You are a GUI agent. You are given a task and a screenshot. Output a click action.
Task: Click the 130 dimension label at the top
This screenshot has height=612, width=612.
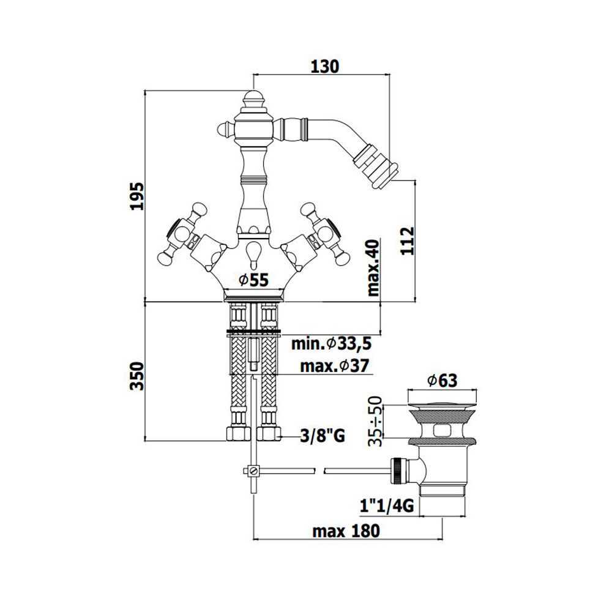pyautogui.click(x=325, y=67)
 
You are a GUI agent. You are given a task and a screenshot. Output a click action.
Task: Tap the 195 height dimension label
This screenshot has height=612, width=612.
pyautogui.click(x=137, y=196)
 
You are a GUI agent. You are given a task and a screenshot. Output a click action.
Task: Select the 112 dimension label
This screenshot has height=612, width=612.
pyautogui.click(x=408, y=241)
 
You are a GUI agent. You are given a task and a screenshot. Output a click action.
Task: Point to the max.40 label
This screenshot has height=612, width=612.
pyautogui.click(x=373, y=267)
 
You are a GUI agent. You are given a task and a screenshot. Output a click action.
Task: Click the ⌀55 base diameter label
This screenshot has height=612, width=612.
pyautogui.click(x=254, y=280)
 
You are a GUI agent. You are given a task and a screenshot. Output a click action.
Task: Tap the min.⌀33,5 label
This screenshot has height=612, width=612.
pyautogui.click(x=331, y=344)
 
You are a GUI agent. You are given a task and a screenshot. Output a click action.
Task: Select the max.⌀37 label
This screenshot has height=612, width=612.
pyautogui.click(x=335, y=366)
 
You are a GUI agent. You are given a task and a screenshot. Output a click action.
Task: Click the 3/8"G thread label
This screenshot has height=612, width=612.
pyautogui.click(x=323, y=435)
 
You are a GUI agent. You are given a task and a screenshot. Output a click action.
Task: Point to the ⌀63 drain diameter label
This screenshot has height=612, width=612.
pyautogui.click(x=442, y=381)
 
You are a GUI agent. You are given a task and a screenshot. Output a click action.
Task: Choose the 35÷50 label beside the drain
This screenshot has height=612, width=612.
pyautogui.click(x=375, y=421)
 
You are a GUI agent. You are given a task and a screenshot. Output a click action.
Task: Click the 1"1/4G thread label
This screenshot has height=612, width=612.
pyautogui.click(x=386, y=506)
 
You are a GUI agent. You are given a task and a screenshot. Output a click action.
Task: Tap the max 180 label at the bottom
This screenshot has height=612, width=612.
pyautogui.click(x=346, y=531)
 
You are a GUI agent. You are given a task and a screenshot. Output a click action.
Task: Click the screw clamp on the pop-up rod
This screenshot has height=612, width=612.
pyautogui.click(x=252, y=470)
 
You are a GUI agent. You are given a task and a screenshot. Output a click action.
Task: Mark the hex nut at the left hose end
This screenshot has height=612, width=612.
pyautogui.click(x=237, y=434)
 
